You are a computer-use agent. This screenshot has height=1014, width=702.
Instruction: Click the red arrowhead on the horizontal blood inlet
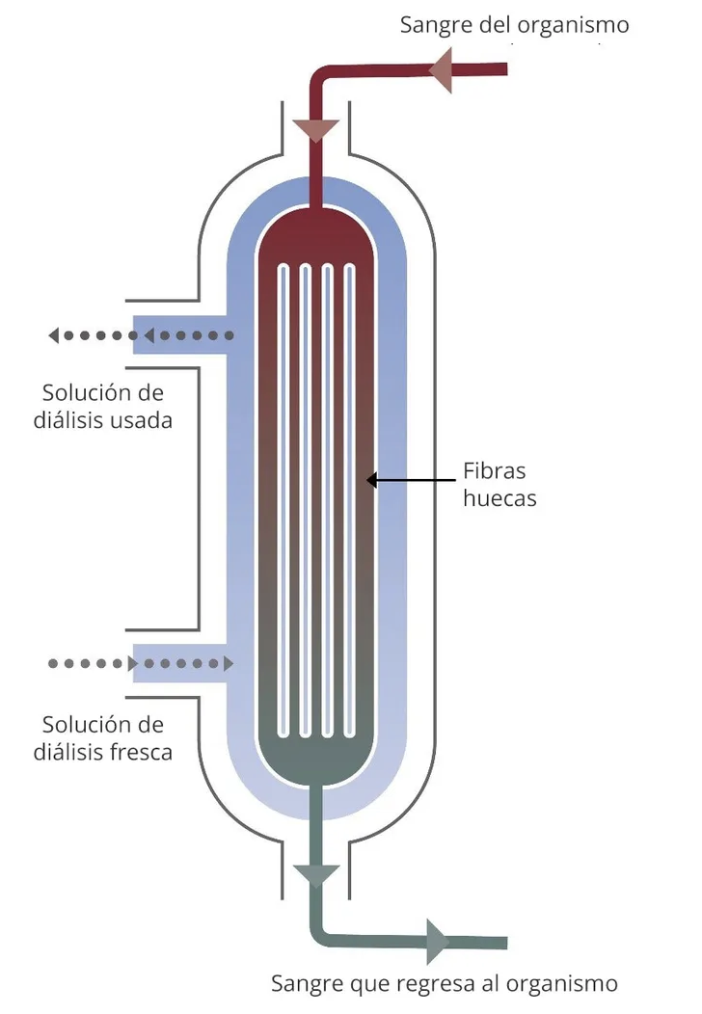[440, 70]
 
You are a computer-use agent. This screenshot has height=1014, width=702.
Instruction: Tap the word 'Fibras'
[495, 471]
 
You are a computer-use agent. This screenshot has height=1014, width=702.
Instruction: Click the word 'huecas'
[499, 499]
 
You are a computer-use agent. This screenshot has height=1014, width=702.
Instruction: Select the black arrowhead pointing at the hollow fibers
[372, 479]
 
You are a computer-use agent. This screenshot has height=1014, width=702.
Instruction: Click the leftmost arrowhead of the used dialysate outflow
[54, 335]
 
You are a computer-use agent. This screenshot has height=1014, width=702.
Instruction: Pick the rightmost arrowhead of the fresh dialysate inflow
[229, 663]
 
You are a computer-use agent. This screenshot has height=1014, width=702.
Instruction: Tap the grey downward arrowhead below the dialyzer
[316, 875]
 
